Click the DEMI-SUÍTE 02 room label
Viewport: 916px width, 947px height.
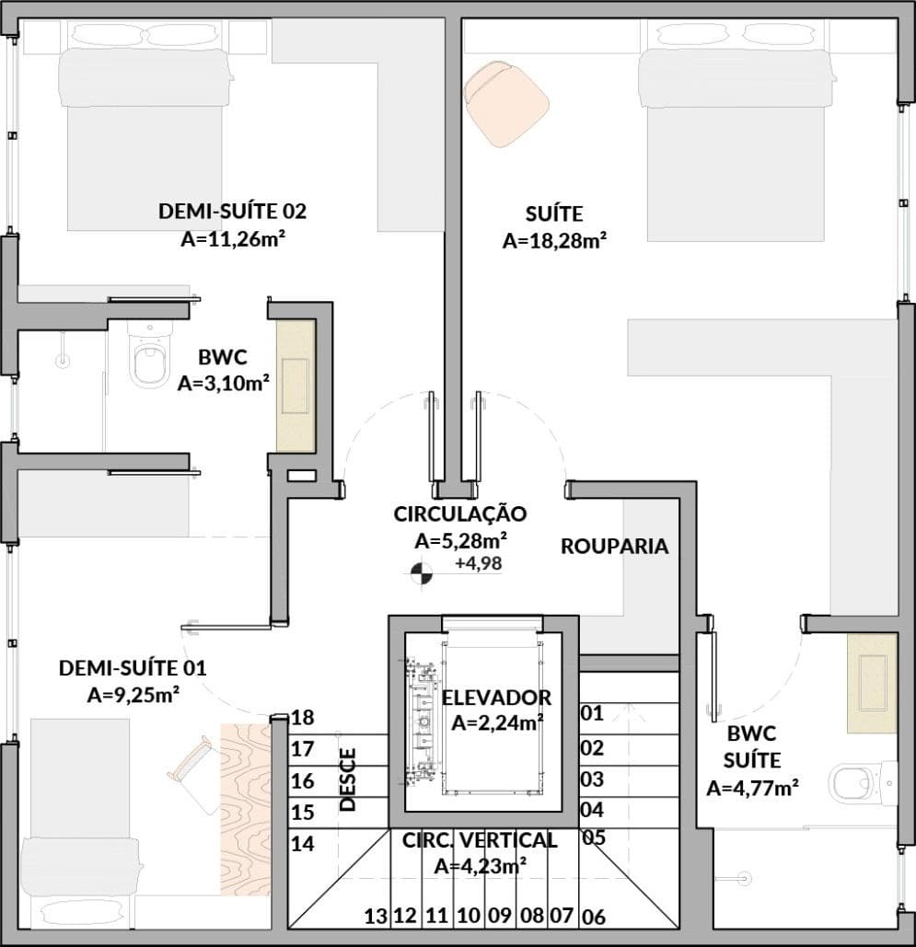pyautogui.click(x=233, y=212)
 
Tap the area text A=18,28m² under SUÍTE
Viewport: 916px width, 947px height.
pyautogui.click(x=555, y=240)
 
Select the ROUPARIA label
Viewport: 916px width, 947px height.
pyautogui.click(x=614, y=546)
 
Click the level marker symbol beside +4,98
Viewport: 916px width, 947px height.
pyautogui.click(x=422, y=573)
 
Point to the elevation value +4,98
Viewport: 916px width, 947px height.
pyautogui.click(x=479, y=563)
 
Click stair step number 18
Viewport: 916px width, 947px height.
pyautogui.click(x=303, y=718)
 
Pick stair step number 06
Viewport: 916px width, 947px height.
pyautogui.click(x=594, y=918)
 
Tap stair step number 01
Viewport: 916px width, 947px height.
pyautogui.click(x=592, y=713)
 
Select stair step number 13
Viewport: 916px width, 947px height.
pyautogui.click(x=376, y=917)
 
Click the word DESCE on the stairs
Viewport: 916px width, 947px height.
pyautogui.click(x=348, y=780)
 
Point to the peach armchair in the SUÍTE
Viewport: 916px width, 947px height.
pyautogui.click(x=506, y=103)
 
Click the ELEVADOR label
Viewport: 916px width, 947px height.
pyautogui.click(x=497, y=698)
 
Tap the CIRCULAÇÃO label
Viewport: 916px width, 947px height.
pyautogui.click(x=460, y=514)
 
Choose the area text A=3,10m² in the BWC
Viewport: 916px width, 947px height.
pyautogui.click(x=224, y=383)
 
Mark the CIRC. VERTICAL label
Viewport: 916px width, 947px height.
pyautogui.click(x=480, y=840)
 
